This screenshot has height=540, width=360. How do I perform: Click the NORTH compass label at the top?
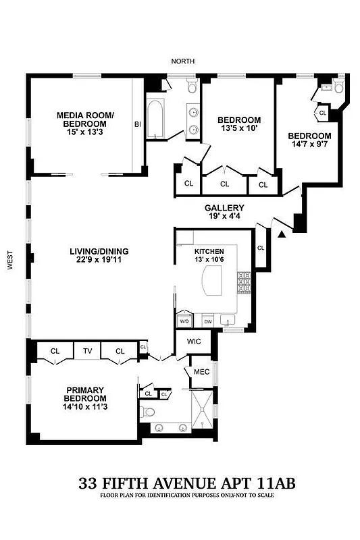pos(182,61)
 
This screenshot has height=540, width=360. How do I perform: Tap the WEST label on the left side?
pos(10,261)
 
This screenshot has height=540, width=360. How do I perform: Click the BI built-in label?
pos(137,124)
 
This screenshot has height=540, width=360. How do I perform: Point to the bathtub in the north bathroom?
pos(155,120)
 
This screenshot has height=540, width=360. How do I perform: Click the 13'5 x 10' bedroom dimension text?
pos(238,128)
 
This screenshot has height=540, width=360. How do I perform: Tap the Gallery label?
pos(225,208)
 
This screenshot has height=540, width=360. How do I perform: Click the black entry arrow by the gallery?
pos(282,234)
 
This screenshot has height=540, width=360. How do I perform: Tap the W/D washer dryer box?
pos(184,321)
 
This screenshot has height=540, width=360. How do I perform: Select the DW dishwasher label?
pos(207,321)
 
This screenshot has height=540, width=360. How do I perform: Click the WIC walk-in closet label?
pos(194,342)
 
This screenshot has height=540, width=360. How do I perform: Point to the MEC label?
pos(201,372)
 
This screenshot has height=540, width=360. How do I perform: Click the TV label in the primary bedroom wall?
pos(87,351)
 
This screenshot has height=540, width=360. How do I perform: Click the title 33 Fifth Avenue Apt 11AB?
pos(187,483)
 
